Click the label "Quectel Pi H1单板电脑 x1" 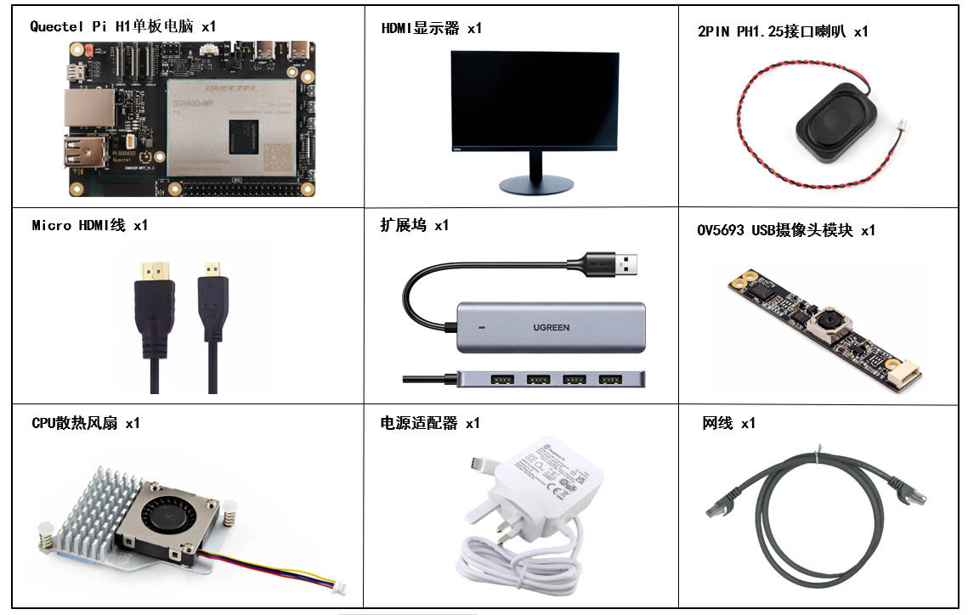(x=123, y=26)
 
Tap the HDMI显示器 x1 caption (x=431, y=28)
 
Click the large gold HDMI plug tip (x=156, y=273)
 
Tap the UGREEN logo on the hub (x=551, y=327)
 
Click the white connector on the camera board (x=903, y=373)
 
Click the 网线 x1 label (x=728, y=423)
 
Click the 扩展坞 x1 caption (x=414, y=225)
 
